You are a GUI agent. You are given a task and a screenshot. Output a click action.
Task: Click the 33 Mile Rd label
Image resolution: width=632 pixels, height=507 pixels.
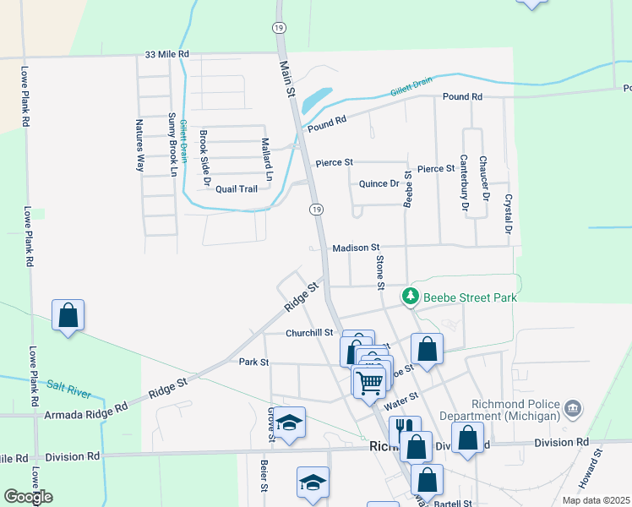(166, 54)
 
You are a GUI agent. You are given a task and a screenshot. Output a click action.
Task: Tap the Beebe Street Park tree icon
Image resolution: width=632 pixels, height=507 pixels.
(410, 297)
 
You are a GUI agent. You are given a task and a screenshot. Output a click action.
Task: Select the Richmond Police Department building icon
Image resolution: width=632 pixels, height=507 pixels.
(573, 410)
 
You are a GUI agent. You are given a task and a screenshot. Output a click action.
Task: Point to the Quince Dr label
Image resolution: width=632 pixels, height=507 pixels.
(379, 183)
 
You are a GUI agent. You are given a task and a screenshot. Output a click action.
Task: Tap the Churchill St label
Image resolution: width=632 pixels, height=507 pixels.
(309, 333)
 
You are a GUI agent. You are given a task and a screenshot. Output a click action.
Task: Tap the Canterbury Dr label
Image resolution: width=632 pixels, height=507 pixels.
(464, 182)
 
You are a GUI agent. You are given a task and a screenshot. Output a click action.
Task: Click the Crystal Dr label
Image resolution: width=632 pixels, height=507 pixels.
(509, 215)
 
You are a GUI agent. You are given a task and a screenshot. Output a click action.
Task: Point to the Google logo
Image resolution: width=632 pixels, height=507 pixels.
(28, 497)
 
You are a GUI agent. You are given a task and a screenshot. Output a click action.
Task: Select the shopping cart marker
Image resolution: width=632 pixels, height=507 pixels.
(369, 382)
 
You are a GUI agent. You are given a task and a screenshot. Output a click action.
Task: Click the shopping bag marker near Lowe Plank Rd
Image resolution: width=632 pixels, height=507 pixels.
(68, 316)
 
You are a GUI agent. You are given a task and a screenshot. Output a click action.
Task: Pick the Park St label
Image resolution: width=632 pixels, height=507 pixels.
(253, 362)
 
